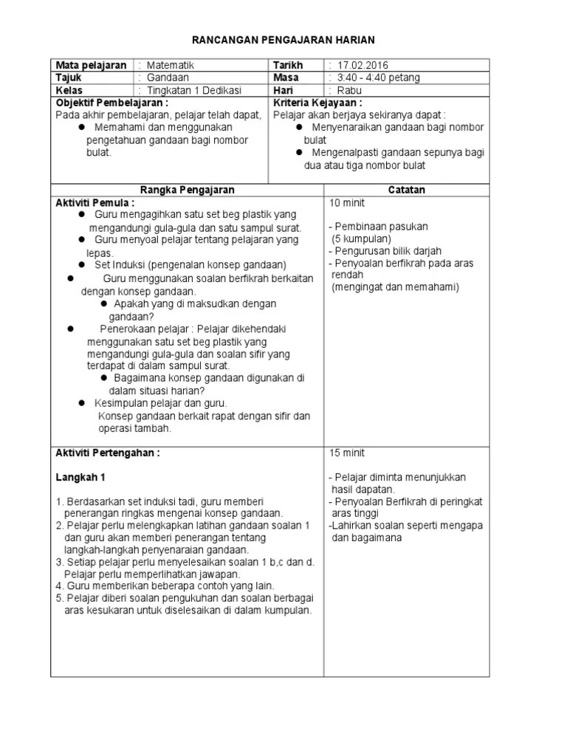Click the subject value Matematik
[171, 66]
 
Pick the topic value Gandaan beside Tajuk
[168, 78]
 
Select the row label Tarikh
[288, 66]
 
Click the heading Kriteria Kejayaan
[317, 103]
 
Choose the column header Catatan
[407, 190]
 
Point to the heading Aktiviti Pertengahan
[108, 453]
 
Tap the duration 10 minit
[347, 202]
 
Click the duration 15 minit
[347, 453]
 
